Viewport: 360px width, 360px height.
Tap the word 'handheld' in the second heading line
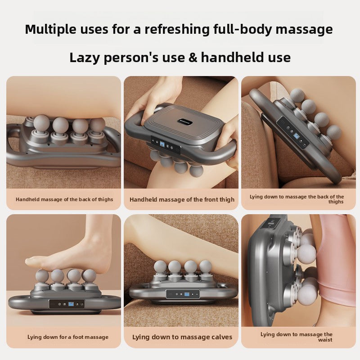tap(231, 58)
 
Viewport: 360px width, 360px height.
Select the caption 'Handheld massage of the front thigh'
tap(182, 199)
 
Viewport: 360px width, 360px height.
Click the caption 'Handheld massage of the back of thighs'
tap(64, 199)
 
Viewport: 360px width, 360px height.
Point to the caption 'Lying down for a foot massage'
tap(68, 337)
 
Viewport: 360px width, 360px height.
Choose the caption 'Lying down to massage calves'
tap(182, 337)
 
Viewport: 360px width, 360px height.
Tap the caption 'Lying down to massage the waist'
tap(297, 337)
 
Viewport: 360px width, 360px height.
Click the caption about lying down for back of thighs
tap(297, 199)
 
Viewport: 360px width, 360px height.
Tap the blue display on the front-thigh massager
tap(162, 145)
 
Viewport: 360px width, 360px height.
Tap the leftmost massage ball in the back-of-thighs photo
tap(41, 123)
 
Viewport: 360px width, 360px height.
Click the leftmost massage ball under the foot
tap(42, 275)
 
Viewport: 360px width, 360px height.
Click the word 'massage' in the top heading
tap(305, 30)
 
